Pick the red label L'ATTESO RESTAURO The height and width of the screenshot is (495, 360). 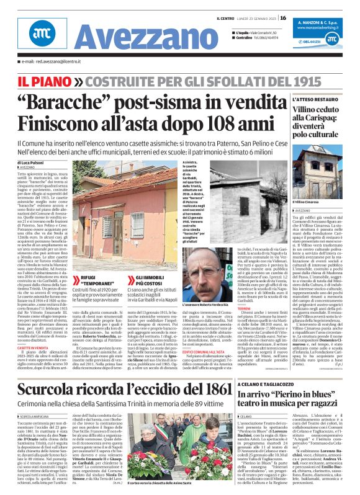pyautogui.click(x=316, y=99)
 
